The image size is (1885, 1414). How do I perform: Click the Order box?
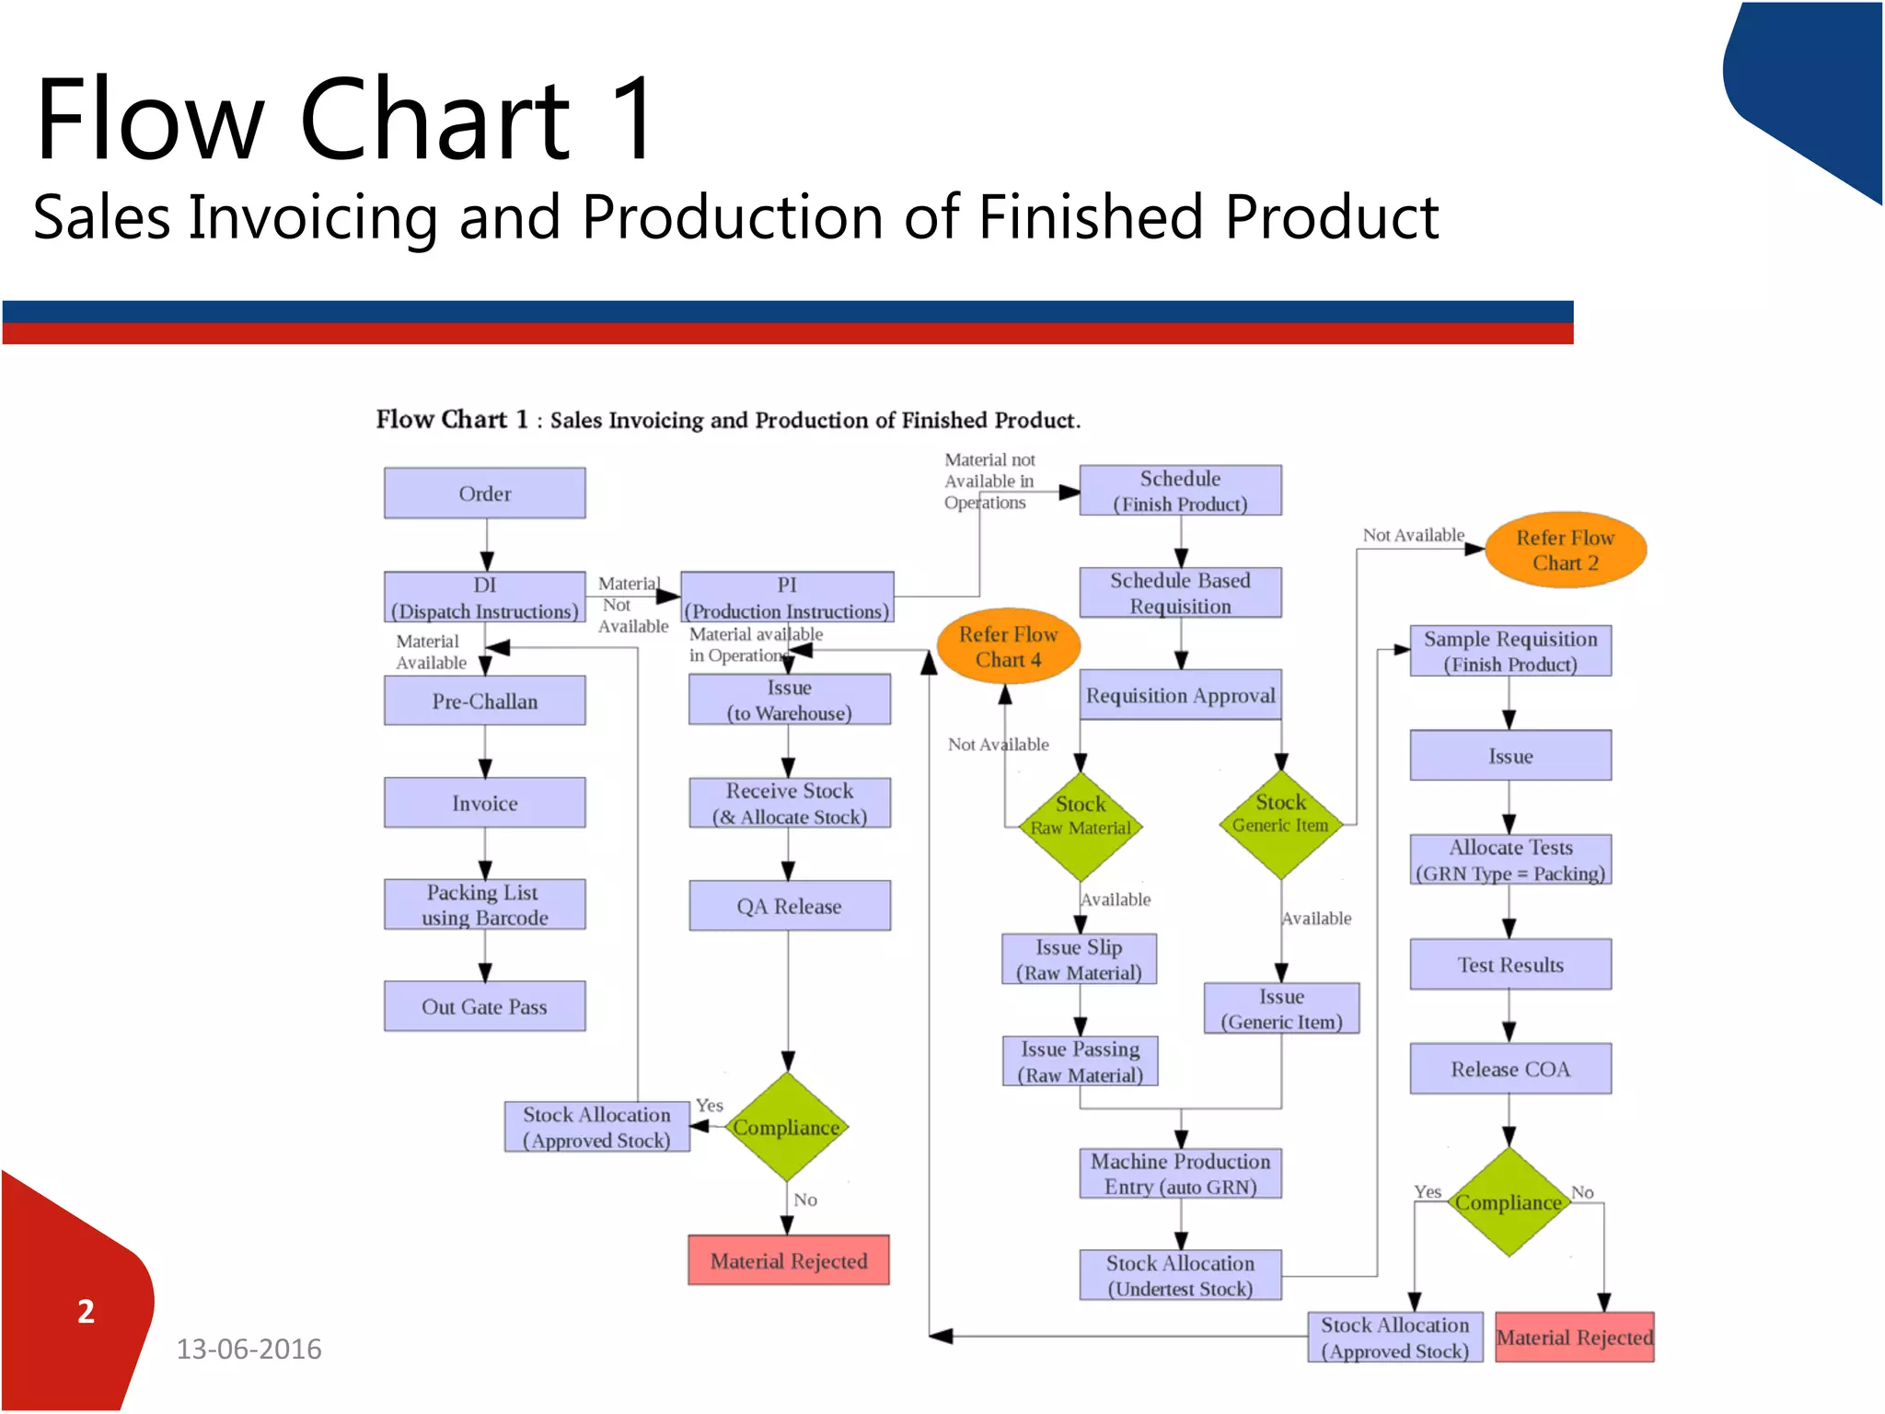484,493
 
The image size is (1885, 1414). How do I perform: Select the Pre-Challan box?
484,701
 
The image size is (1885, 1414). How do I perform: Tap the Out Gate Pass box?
484,1006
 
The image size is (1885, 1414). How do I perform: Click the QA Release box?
789,906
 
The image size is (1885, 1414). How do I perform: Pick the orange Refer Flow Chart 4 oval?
1008,646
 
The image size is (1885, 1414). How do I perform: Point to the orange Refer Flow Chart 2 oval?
1565,550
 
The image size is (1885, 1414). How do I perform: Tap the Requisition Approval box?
1180,695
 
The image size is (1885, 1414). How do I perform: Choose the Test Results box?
1510,965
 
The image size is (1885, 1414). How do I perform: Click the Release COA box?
1510,1069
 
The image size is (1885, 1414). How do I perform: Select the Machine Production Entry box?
1180,1174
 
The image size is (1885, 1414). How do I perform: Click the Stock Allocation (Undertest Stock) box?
1180,1276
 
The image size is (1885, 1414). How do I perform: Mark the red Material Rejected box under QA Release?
789,1260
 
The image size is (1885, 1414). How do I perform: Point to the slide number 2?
86,1312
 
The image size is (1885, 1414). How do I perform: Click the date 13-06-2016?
249,1350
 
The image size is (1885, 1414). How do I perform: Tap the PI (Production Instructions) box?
787,597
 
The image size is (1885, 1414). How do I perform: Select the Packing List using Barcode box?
484,905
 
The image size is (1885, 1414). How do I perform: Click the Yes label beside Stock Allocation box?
709,1105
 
